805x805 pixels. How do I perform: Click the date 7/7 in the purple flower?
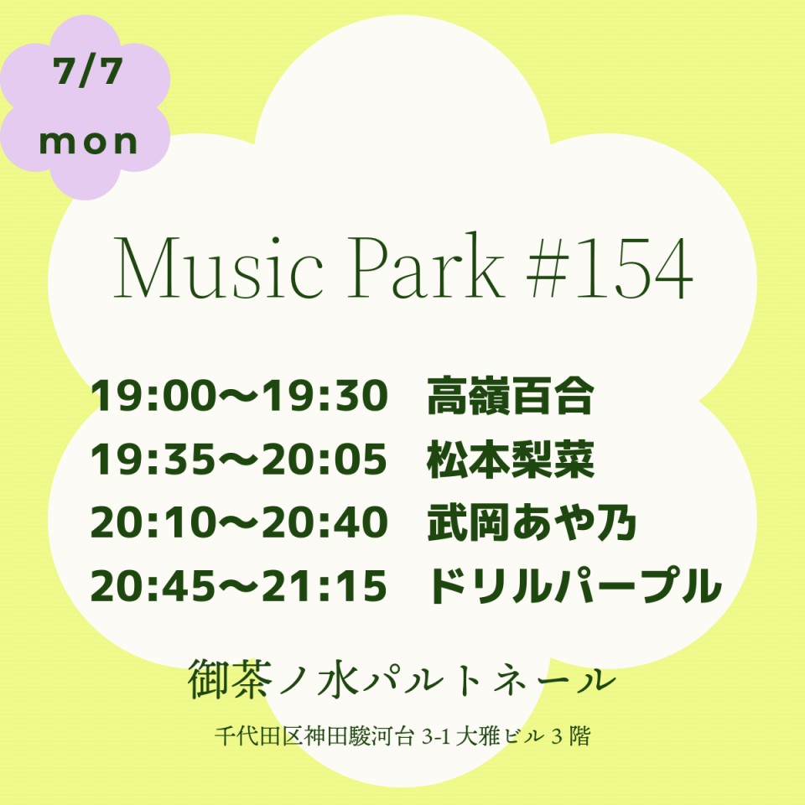pyautogui.click(x=88, y=72)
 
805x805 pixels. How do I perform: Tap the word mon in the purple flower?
pyautogui.click(x=88, y=142)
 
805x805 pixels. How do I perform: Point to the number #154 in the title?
pyautogui.click(x=610, y=268)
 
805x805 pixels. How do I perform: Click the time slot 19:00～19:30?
pyautogui.click(x=239, y=397)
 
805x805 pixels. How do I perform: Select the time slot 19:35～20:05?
pyautogui.click(x=239, y=459)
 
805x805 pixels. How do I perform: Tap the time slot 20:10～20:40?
pyautogui.click(x=239, y=522)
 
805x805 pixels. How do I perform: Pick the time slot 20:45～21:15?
pyautogui.click(x=239, y=586)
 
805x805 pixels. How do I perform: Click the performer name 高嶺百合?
pyautogui.click(x=511, y=396)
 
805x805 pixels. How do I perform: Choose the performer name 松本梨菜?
pyautogui.click(x=511, y=459)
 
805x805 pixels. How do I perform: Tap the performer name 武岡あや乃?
pyautogui.click(x=532, y=522)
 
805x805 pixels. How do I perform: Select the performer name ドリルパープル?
pyautogui.click(x=574, y=586)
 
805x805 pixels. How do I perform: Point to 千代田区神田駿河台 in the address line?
pyautogui.click(x=314, y=736)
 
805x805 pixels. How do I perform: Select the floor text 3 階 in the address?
pyautogui.click(x=570, y=736)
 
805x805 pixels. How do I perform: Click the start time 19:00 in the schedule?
pyautogui.click(x=152, y=397)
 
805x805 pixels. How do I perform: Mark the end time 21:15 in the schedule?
pyautogui.click(x=325, y=586)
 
